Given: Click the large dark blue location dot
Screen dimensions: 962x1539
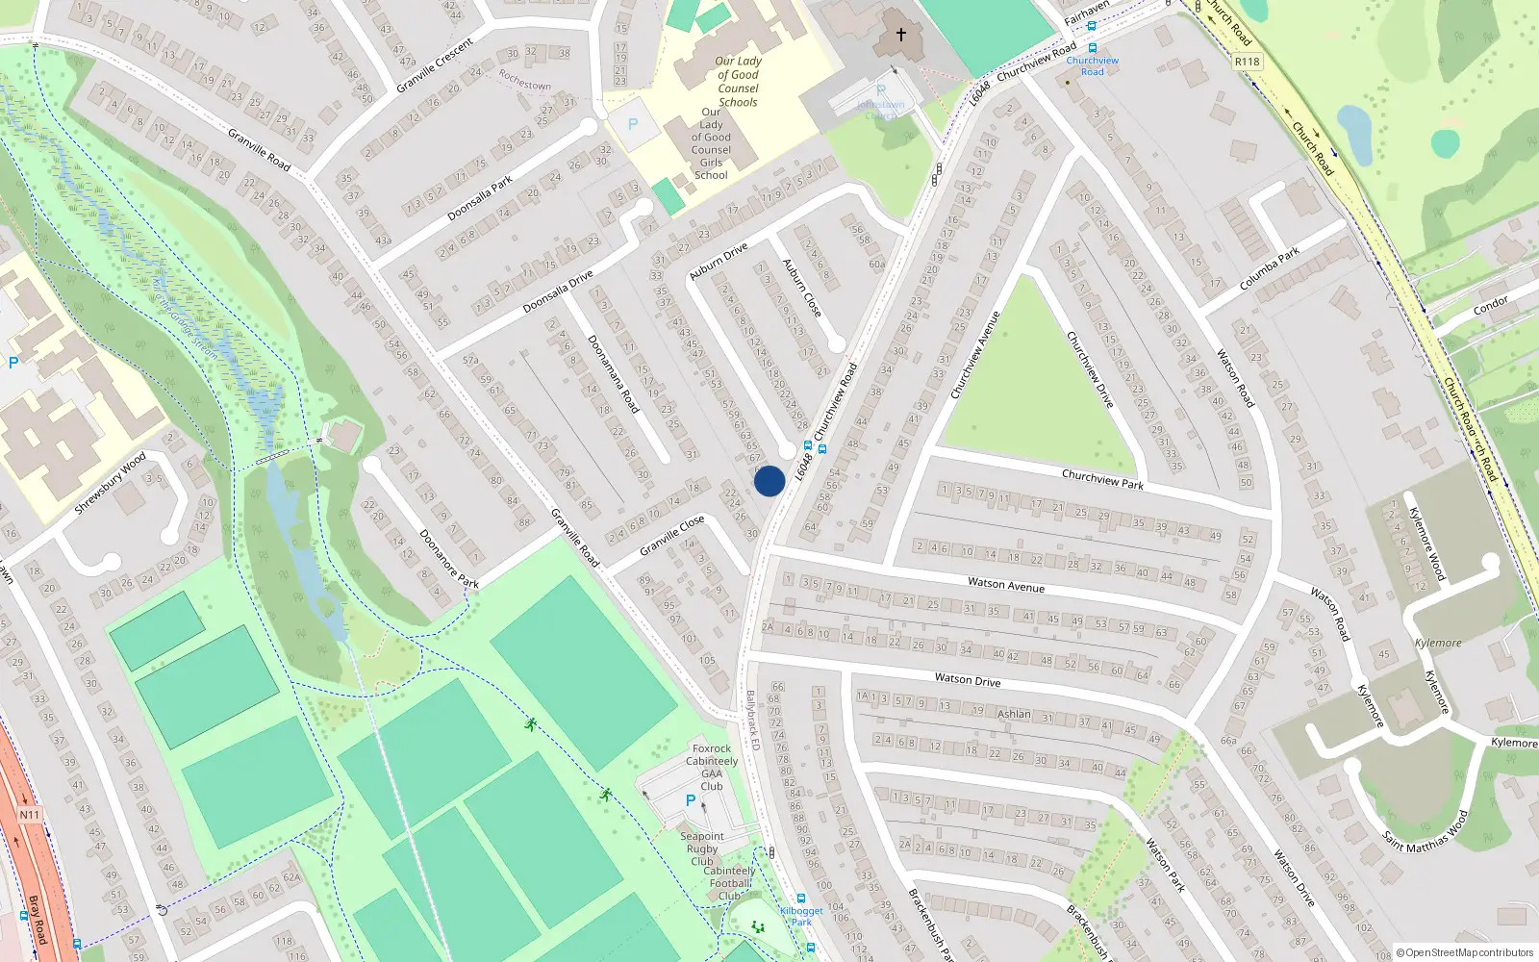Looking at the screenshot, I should pyautogui.click(x=769, y=481).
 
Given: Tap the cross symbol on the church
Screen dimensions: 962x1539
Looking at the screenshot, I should pyautogui.click(x=901, y=35).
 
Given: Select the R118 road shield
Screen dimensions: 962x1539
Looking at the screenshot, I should pyautogui.click(x=1247, y=62).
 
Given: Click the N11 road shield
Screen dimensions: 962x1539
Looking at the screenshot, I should pyautogui.click(x=30, y=815).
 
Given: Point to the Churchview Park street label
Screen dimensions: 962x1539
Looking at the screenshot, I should pyautogui.click(x=1102, y=479).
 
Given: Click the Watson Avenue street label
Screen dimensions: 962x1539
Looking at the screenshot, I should pyautogui.click(x=1006, y=585).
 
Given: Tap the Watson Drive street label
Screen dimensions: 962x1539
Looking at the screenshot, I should pyautogui.click(x=968, y=680).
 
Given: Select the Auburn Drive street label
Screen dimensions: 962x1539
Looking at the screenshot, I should pyautogui.click(x=719, y=262).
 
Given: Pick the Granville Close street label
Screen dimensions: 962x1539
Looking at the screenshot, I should pyautogui.click(x=672, y=536).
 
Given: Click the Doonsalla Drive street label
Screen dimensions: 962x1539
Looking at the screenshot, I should pyautogui.click(x=558, y=292).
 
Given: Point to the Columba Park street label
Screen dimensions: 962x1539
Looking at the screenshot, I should pyautogui.click(x=1270, y=268).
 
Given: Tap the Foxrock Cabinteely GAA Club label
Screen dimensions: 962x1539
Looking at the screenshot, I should pyautogui.click(x=712, y=767).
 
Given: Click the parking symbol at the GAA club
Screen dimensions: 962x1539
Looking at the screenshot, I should pyautogui.click(x=690, y=800).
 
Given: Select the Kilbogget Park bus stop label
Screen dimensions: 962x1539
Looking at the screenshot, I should pyautogui.click(x=801, y=916).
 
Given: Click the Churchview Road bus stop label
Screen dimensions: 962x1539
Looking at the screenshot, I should pyautogui.click(x=1093, y=65).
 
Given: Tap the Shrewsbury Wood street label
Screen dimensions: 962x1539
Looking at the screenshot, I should pyautogui.click(x=110, y=482).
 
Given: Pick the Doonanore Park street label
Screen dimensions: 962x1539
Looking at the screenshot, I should pyautogui.click(x=448, y=558).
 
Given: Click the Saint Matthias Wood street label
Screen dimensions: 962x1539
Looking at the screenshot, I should pyautogui.click(x=1425, y=830).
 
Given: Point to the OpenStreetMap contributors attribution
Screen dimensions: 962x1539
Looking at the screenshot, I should pyautogui.click(x=1465, y=952).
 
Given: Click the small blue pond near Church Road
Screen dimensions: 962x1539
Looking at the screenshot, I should pyautogui.click(x=1354, y=133).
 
